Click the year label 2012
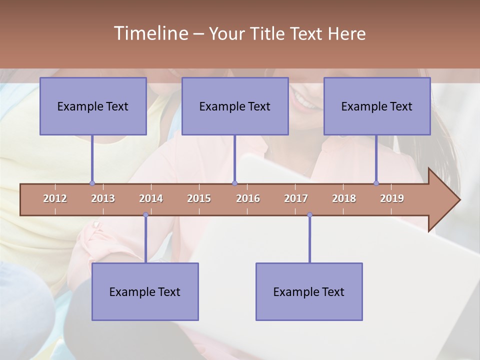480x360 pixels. (55, 198)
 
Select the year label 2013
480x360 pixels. (103, 198)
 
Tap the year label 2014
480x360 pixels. (151, 198)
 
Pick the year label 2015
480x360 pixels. (199, 198)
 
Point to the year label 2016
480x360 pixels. (248, 198)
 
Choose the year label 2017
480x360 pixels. (296, 198)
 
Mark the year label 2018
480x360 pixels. (344, 198)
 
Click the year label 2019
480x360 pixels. (392, 198)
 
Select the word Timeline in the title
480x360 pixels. (150, 33)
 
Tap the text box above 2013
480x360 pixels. (93, 106)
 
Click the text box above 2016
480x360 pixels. (235, 106)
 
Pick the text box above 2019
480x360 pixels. (377, 106)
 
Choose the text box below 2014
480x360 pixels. (145, 292)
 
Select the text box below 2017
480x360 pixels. (309, 292)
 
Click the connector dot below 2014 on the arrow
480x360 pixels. (145, 215)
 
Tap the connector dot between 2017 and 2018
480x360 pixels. (309, 215)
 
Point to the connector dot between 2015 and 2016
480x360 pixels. (234, 183)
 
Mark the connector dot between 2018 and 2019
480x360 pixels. (376, 183)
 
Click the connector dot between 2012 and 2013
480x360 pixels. (92, 183)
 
